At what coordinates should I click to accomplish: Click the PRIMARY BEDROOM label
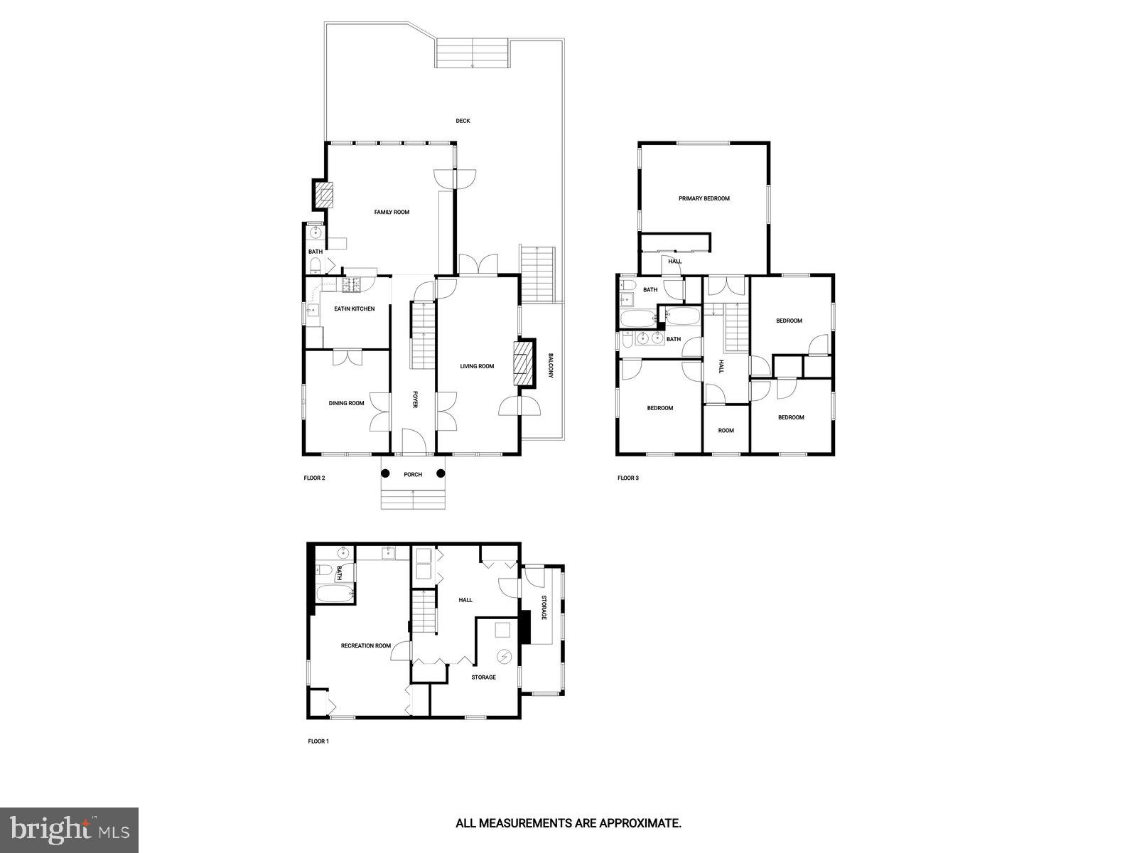tap(704, 198)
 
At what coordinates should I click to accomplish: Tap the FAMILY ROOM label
tap(392, 212)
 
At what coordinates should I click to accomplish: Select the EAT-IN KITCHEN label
tap(354, 309)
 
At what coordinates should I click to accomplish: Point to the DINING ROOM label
tap(346, 403)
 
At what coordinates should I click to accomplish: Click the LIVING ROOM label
tap(476, 366)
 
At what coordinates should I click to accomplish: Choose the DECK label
tap(463, 121)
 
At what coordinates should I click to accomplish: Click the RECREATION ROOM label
tap(365, 645)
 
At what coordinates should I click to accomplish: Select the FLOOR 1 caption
tap(318, 741)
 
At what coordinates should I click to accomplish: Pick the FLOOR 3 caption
tap(627, 478)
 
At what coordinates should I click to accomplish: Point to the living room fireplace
tap(523, 365)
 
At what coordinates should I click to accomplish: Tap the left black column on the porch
tap(385, 473)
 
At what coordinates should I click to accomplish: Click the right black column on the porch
tap(441, 473)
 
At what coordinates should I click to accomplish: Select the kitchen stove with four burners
tap(352, 285)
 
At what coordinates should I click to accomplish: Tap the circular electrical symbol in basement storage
tap(504, 655)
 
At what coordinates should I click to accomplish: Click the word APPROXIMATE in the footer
tap(641, 823)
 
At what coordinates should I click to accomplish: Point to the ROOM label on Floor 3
tap(726, 430)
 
